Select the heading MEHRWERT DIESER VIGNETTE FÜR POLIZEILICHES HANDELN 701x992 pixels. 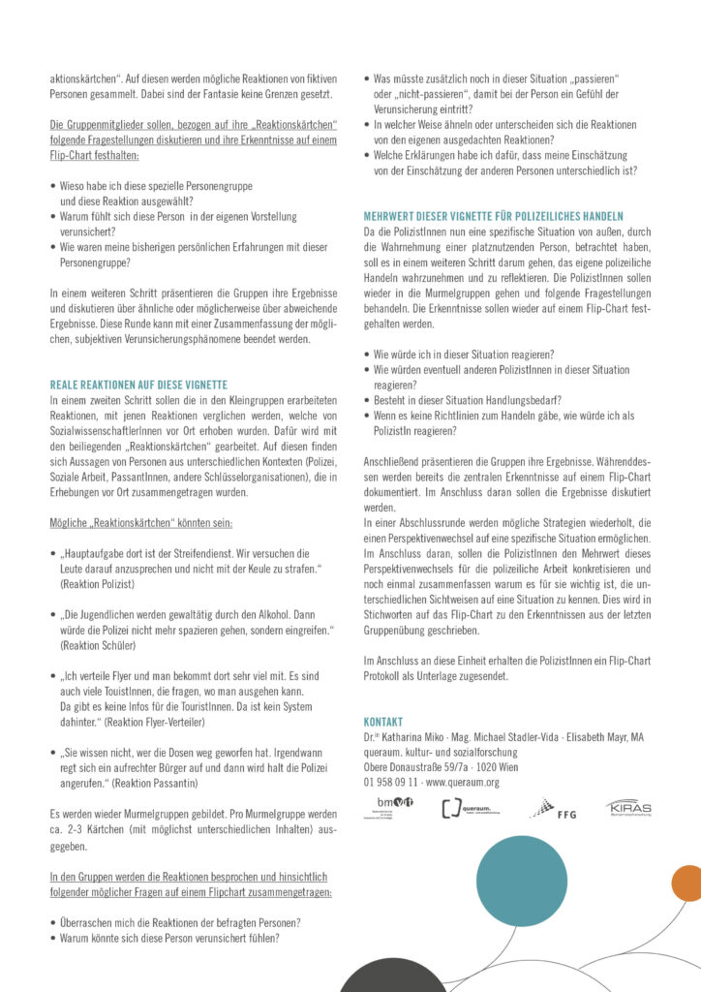(x=493, y=215)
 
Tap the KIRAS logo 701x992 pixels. (x=628, y=807)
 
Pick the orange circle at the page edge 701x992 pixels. (x=687, y=883)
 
